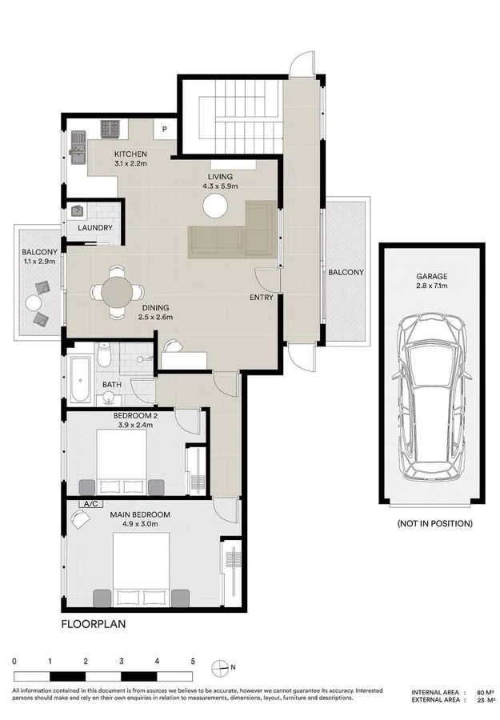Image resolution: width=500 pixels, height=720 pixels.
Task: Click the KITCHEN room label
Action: click(x=130, y=154)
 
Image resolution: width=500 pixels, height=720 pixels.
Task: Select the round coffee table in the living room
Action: click(x=215, y=206)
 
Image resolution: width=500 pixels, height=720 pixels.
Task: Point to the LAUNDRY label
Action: click(x=94, y=228)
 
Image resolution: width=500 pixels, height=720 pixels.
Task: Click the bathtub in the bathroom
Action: click(x=78, y=379)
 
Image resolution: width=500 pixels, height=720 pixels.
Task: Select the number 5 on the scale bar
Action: click(x=193, y=662)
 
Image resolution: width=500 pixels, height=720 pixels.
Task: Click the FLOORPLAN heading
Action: click(x=93, y=622)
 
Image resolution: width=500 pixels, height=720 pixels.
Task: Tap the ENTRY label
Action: click(x=261, y=298)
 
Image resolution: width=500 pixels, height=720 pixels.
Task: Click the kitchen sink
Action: click(x=79, y=146)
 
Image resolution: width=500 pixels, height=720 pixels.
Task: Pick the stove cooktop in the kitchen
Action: click(x=110, y=126)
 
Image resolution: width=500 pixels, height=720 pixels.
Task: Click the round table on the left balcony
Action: click(x=33, y=303)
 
